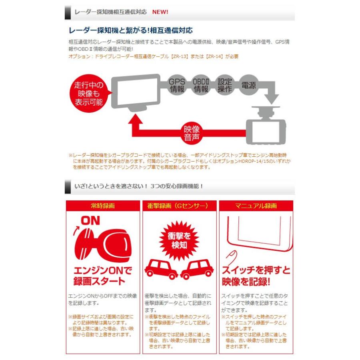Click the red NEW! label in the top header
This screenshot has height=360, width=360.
coord(160,12)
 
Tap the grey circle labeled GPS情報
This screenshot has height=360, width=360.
coord(176,84)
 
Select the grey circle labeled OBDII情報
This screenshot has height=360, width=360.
coord(201,84)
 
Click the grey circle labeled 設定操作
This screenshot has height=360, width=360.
coord(225,84)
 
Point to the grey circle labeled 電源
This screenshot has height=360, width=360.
coord(249,85)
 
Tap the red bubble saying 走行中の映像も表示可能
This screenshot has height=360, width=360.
coord(88,93)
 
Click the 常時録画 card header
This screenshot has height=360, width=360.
coord(103,206)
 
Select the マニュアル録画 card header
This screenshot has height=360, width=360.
coord(256,206)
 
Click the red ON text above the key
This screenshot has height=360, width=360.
coord(90,220)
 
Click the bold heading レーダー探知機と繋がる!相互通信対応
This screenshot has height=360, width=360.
coord(131,31)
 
